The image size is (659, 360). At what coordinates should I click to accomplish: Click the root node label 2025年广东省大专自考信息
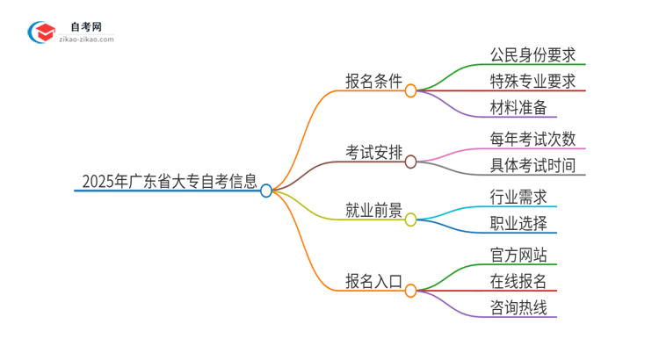pos(170,183)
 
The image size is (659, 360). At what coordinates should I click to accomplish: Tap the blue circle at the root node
pos(266,190)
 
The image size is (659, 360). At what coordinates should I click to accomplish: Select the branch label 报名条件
pos(373,82)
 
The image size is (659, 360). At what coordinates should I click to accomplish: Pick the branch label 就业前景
pos(373,211)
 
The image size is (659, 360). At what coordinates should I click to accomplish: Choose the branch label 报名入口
pos(373,282)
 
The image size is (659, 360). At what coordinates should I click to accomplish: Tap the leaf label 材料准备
pos(518,107)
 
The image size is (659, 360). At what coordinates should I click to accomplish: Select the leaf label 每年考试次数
pos(532,139)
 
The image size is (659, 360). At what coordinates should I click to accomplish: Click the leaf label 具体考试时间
pos(532,165)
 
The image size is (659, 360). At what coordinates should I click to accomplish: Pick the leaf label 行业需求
pos(518,197)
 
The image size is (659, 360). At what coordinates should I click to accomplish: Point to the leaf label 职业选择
pos(518,223)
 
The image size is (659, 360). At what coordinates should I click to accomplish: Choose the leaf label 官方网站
pos(518,255)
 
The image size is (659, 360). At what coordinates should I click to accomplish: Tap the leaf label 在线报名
pos(518,281)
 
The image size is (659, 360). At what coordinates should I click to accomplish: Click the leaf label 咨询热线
pos(518,307)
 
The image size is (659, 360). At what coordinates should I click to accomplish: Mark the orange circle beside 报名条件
pos(410,90)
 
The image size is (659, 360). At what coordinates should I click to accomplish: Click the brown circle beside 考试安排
pos(410,161)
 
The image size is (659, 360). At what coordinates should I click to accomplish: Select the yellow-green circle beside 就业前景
pos(410,219)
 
